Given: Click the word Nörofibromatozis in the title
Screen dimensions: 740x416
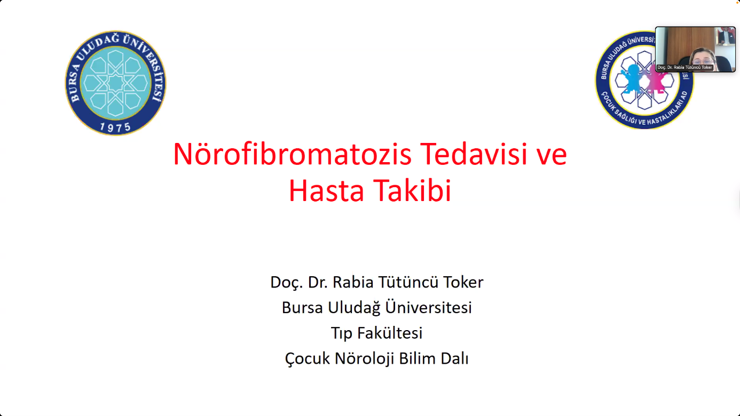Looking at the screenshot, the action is click(293, 154).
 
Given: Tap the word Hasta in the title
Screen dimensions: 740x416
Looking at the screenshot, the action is click(326, 191).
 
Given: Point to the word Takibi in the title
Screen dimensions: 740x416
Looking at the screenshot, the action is click(413, 191).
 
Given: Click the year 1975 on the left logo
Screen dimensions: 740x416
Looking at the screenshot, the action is click(115, 127).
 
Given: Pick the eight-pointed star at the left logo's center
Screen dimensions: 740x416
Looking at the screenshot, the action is click(115, 83).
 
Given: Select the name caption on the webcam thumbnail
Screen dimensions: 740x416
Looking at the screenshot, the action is click(684, 67).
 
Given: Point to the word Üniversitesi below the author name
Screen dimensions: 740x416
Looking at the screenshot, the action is click(429, 307).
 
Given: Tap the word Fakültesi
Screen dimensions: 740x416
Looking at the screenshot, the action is click(390, 333).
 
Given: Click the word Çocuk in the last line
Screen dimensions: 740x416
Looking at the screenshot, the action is click(307, 359).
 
